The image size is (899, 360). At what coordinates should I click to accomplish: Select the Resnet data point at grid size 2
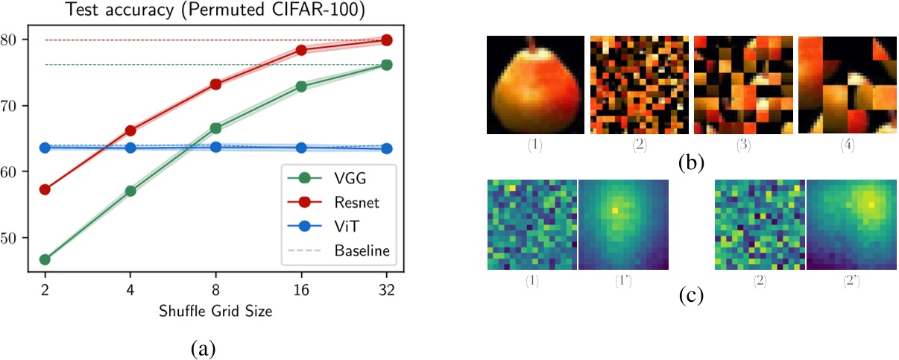[45, 189]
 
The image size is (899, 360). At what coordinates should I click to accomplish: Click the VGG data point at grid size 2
[45, 259]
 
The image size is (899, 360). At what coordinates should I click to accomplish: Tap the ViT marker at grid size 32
[387, 148]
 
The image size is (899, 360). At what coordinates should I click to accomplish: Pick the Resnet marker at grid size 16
[301, 50]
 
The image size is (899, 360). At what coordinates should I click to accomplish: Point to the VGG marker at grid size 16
[301, 86]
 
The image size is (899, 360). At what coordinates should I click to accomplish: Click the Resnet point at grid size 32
[387, 40]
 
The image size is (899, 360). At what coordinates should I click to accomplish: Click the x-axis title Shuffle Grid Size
[216, 312]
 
